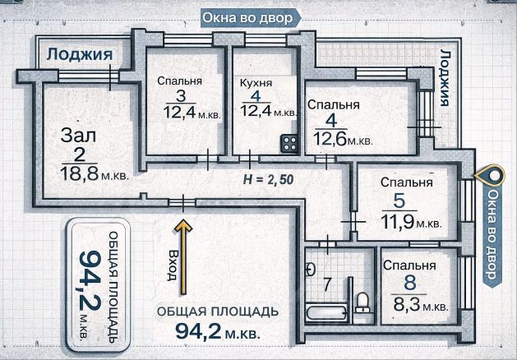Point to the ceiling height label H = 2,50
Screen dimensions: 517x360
pyautogui.click(x=270, y=178)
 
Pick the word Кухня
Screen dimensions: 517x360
pyautogui.click(x=256, y=82)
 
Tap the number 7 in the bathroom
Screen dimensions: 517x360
pyautogui.click(x=326, y=285)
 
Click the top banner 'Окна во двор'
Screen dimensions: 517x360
pyautogui.click(x=247, y=18)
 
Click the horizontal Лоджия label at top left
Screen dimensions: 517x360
pyautogui.click(x=79, y=54)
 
